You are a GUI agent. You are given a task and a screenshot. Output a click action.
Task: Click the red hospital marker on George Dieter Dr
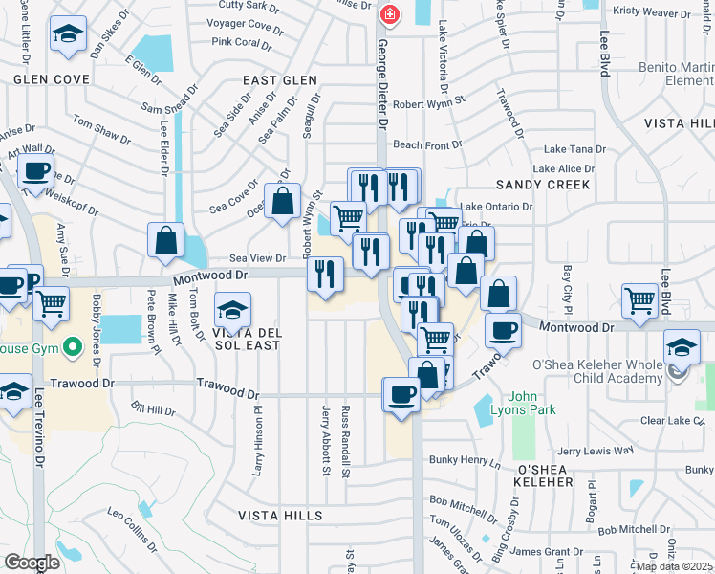389,14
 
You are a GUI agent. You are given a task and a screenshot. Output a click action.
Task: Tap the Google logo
32,563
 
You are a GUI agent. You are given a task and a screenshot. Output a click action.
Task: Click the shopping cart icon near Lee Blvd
639,299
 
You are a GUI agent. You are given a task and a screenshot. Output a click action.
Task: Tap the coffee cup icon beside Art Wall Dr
36,172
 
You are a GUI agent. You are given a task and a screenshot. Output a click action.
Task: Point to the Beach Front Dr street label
427,144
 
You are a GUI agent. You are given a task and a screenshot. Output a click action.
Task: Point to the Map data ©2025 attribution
673,566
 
